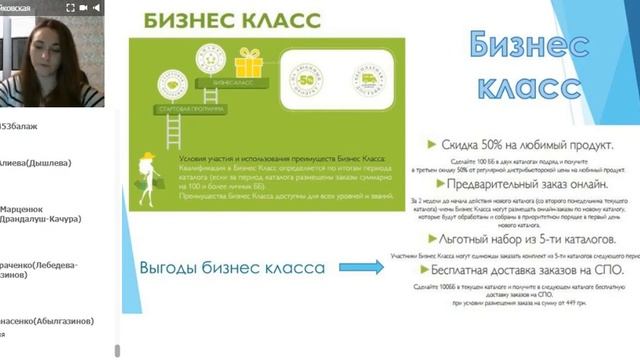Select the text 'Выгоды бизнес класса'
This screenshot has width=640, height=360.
[231, 268]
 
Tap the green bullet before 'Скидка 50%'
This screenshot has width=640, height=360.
[432, 145]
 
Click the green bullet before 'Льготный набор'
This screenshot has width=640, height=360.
[431, 239]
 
